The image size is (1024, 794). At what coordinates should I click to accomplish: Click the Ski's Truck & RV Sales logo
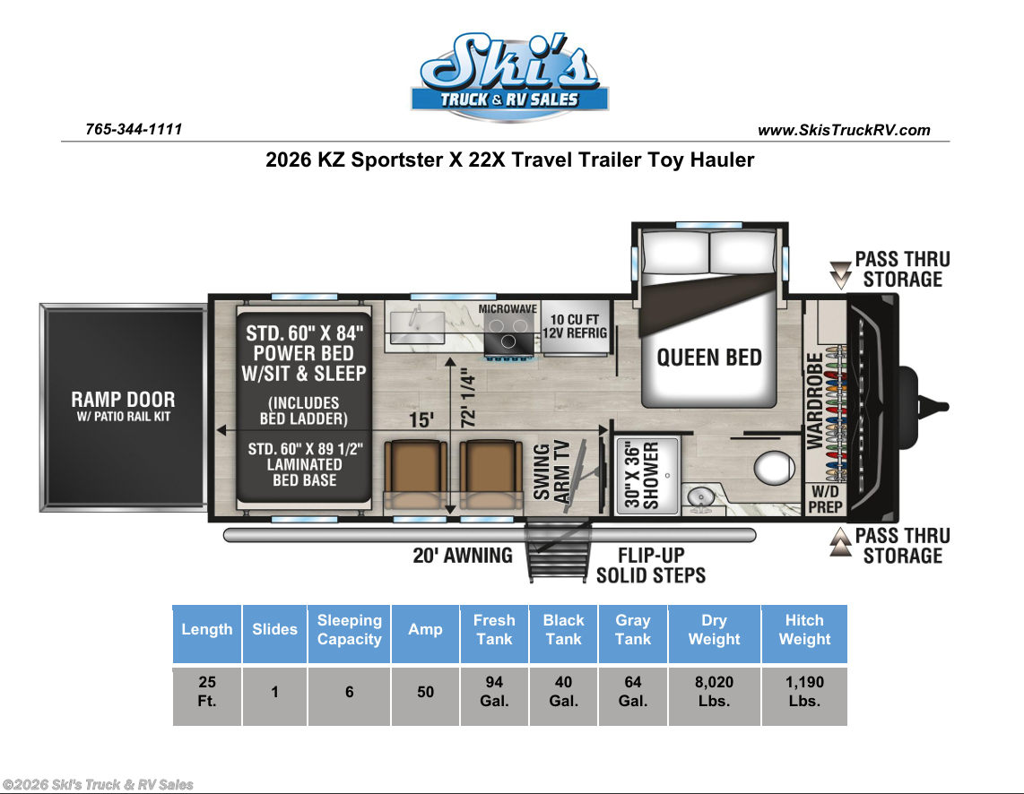tap(509, 77)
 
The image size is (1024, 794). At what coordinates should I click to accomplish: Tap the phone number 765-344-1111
tap(134, 129)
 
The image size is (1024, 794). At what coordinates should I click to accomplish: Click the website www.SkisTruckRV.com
tap(844, 130)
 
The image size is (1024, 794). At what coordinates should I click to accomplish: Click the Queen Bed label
tap(709, 358)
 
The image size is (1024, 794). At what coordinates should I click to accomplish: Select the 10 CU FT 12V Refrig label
tap(575, 325)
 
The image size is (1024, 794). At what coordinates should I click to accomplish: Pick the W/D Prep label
tap(826, 499)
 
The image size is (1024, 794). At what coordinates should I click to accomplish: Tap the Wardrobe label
tap(814, 401)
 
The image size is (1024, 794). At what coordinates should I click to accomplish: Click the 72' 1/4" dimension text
tap(467, 398)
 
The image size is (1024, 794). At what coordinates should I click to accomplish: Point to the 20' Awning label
tap(463, 556)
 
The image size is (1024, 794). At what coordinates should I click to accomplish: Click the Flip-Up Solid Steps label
tap(651, 565)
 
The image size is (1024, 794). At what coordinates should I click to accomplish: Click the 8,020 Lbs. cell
tap(715, 692)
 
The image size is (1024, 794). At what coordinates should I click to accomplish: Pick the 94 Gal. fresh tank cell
tap(494, 692)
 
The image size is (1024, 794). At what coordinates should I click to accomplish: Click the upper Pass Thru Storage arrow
tap(840, 275)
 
